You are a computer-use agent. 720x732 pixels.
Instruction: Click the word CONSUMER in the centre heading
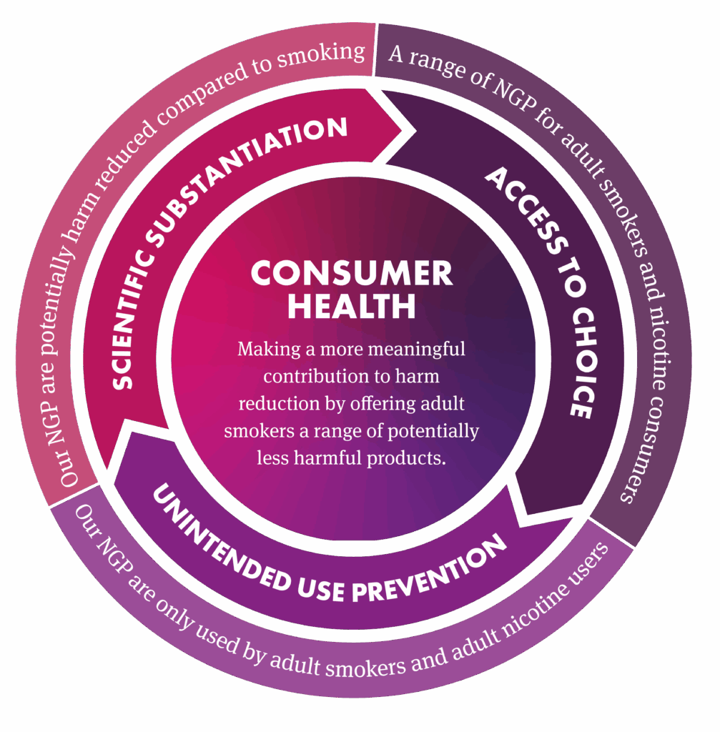pyautogui.click(x=351, y=274)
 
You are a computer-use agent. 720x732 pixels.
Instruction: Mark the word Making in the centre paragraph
pyautogui.click(x=265, y=350)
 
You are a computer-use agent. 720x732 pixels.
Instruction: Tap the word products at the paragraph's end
pyautogui.click(x=408, y=458)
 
